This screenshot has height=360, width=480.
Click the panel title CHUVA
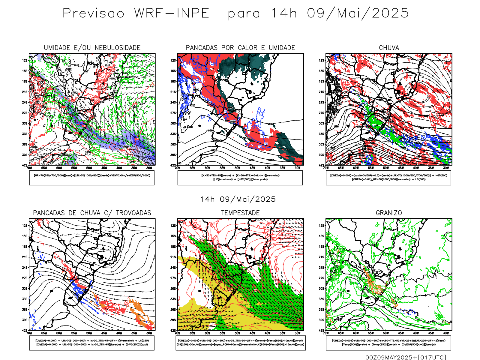pos(389,48)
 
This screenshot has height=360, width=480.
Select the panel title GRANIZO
pos(389,213)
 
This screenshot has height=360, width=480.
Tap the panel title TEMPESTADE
pos(240,213)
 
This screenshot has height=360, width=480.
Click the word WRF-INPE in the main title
pos(172,13)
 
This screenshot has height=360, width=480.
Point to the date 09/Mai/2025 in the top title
pos(358,13)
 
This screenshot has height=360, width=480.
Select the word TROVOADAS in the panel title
pos(133,213)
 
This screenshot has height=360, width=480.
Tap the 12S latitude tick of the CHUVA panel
pos(322,60)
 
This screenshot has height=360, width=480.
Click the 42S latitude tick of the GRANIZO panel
pos(322,330)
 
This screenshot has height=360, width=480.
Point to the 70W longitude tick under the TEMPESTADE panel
pos(178,333)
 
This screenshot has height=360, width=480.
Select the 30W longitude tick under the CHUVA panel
pos(446,168)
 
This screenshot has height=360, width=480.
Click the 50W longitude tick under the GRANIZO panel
pos(386,333)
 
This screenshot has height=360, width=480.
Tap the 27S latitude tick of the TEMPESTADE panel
pos(173,278)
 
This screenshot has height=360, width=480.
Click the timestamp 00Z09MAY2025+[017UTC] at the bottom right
pos(406,357)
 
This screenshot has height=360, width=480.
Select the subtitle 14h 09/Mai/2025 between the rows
pos(238,199)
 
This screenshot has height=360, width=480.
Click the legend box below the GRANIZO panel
pos(388,343)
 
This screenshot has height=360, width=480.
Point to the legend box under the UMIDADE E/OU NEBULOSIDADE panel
pos(92,178)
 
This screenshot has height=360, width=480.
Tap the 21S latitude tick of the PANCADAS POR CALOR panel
pos(173,92)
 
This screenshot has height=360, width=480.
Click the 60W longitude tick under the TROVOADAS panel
pos(59,333)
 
